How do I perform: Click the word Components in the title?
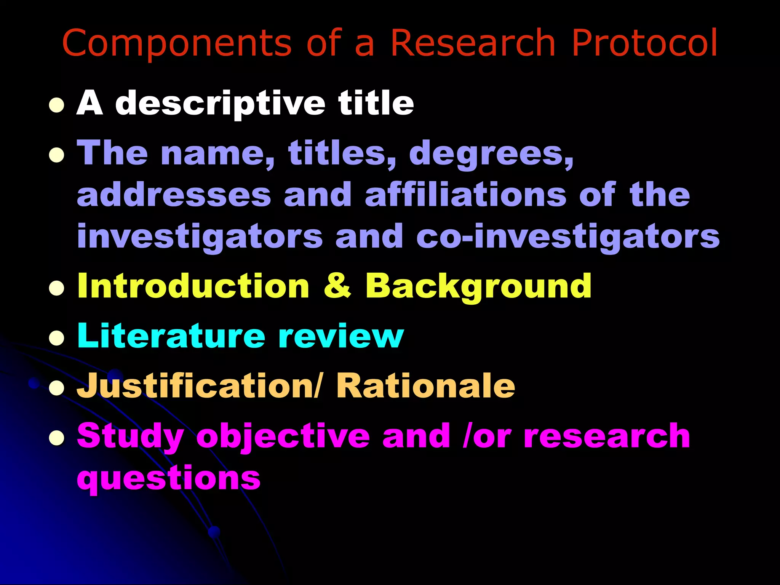(177, 43)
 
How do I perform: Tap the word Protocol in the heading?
(644, 43)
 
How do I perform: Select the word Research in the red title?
(473, 43)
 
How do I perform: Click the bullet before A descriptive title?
(56, 105)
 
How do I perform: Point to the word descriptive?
(220, 104)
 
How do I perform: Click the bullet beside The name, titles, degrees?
(56, 155)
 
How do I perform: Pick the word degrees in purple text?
(491, 154)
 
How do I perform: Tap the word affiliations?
(465, 195)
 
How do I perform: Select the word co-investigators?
(567, 237)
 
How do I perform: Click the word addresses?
(174, 195)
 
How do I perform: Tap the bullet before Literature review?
(56, 338)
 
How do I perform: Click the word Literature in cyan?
(171, 336)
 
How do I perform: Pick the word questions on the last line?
(169, 478)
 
